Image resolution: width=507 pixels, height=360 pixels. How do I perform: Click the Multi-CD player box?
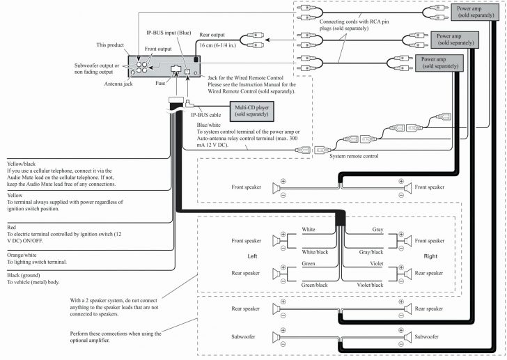click(x=253, y=111)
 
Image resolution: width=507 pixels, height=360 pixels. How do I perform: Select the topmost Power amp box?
click(x=478, y=13)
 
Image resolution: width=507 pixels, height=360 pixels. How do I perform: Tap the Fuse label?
click(x=160, y=84)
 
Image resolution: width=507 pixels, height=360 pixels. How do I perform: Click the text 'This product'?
click(x=110, y=45)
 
